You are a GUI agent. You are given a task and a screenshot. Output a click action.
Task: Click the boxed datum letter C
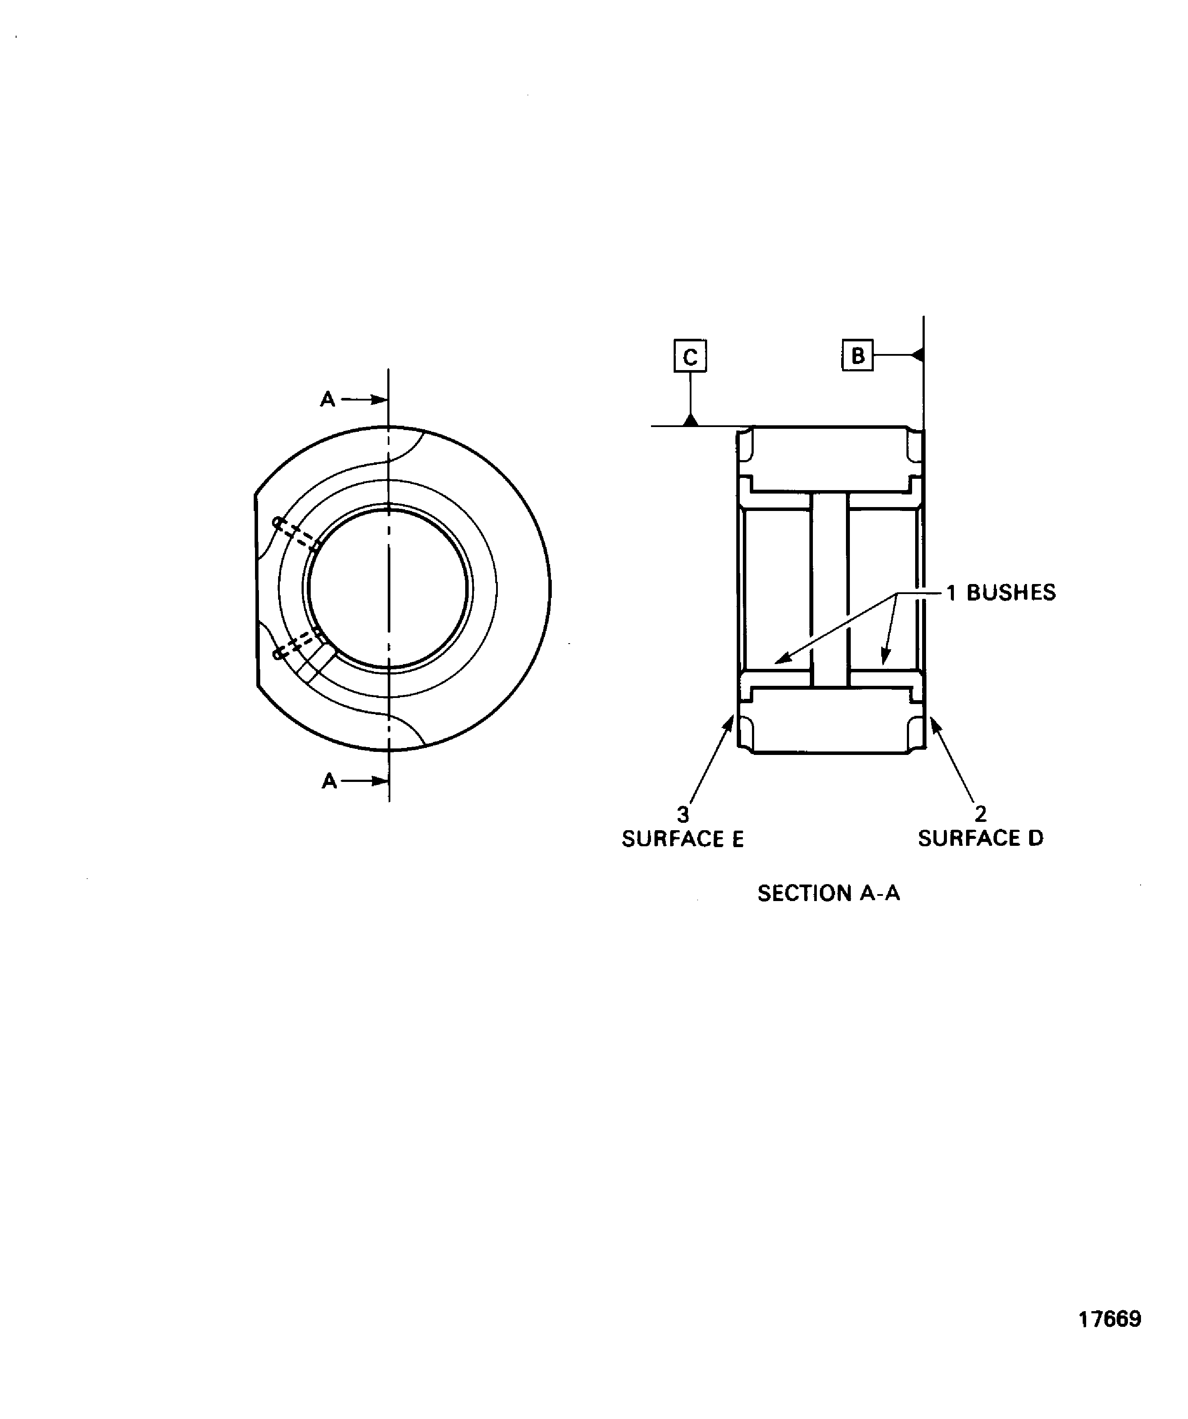[x=690, y=356]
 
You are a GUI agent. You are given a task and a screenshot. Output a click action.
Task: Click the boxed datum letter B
[x=857, y=355]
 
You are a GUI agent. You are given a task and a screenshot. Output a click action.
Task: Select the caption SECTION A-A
[x=828, y=893]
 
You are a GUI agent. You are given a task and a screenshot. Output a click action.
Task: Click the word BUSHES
[x=1011, y=593]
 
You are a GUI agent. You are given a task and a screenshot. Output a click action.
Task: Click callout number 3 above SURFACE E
[x=683, y=814]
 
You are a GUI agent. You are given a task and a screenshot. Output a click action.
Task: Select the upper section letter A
[x=327, y=399]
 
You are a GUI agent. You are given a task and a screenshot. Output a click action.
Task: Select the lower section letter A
[x=329, y=781]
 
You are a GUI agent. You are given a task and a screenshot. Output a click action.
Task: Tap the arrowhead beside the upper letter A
[x=379, y=399]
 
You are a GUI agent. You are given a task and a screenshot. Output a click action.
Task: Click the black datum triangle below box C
[x=690, y=420]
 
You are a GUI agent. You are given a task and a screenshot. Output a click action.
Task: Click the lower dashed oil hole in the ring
[x=298, y=644]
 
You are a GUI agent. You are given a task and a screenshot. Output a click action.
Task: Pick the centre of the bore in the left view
[x=388, y=588]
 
